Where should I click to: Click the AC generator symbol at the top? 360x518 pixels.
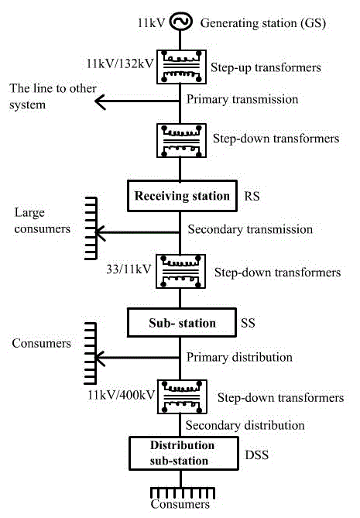pos(180,22)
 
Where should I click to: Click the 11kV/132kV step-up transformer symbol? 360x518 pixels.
pos(181,67)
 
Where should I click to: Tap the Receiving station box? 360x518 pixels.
pos(182,196)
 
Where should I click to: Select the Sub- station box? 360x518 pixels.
pos(182,323)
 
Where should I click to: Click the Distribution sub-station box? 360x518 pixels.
pos(183,453)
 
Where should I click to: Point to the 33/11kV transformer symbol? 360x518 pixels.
pos(180,271)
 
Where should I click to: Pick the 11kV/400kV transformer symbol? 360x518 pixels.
pos(182,396)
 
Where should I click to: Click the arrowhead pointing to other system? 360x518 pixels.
pos(100,101)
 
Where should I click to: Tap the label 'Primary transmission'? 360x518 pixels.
pos(242,99)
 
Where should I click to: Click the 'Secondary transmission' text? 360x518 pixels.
pos(250,229)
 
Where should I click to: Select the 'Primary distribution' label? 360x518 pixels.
pos(239,358)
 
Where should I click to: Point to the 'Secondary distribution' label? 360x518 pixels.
pos(245,426)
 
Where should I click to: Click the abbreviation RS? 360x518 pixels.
pos(252,196)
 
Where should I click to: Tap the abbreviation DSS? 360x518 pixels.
pos(256,455)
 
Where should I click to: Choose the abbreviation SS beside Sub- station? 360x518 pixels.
pos(248,323)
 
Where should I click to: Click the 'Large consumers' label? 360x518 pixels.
pos(43,221)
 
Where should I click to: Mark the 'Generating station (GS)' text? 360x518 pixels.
pos(263,23)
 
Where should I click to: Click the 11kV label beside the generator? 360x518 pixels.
pos(151,22)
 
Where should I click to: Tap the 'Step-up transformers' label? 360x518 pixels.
pos(266,67)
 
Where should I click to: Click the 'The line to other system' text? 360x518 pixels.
pos(53,97)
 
